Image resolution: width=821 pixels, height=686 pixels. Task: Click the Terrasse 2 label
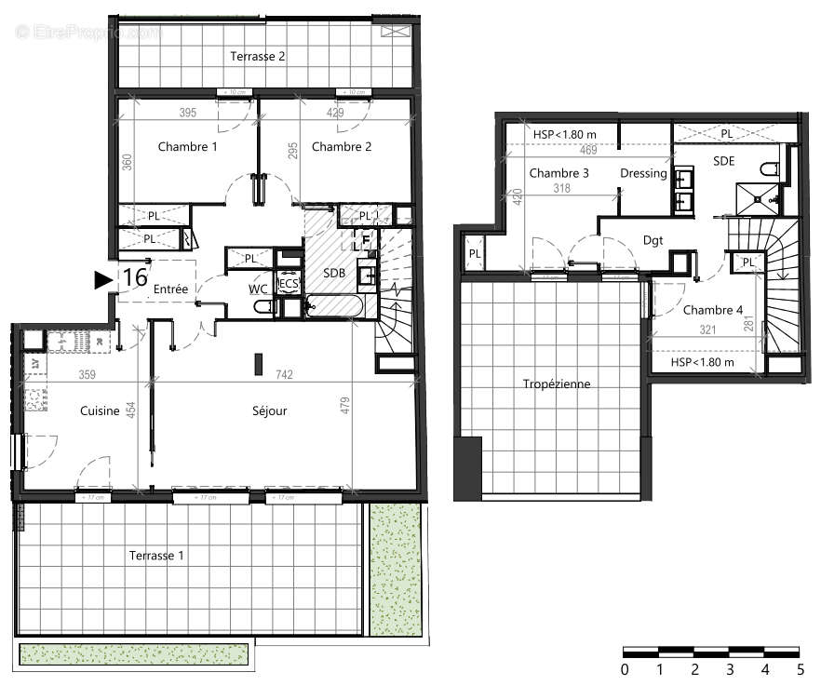[x=258, y=56]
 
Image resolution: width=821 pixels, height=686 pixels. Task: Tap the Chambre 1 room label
[x=187, y=147]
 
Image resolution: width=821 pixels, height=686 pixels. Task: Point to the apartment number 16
[x=135, y=277]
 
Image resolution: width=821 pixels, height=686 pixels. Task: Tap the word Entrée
[x=170, y=290]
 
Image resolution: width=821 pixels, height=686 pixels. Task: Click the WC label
[x=258, y=290]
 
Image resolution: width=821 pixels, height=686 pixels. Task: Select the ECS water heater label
[x=289, y=284]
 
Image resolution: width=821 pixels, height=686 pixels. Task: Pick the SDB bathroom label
[x=334, y=274]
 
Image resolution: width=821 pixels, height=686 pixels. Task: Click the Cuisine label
[x=99, y=410]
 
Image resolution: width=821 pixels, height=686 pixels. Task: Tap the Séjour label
[x=269, y=410]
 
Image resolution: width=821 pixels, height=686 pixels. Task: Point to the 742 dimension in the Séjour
[x=285, y=375]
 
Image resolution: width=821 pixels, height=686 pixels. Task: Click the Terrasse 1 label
[x=155, y=556]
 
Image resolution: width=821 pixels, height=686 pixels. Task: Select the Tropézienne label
[x=557, y=383]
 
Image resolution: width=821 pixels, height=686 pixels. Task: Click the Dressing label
[x=643, y=173]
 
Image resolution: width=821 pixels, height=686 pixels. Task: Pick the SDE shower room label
[x=724, y=160]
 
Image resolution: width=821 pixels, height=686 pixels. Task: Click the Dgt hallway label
[x=653, y=240]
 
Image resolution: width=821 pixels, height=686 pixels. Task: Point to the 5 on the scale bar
[x=799, y=668]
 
